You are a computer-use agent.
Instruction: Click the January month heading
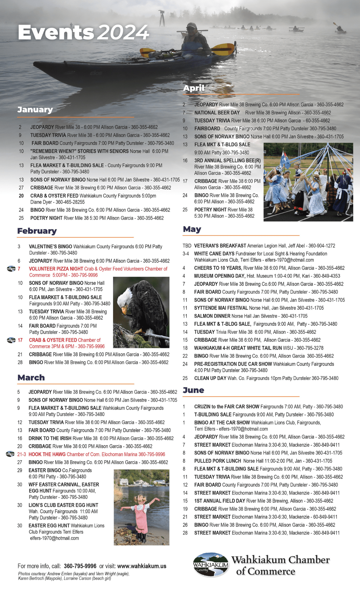(x=35, y=110)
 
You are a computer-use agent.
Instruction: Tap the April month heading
(x=194, y=88)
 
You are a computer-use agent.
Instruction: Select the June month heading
(x=193, y=390)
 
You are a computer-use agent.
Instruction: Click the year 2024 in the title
(x=123, y=32)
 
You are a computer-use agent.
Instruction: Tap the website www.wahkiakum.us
(x=142, y=566)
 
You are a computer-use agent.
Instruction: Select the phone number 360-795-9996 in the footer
(x=80, y=566)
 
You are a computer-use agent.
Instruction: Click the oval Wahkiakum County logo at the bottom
(x=211, y=564)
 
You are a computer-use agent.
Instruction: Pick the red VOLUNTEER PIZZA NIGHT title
(x=56, y=269)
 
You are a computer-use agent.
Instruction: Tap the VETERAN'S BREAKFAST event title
(x=220, y=246)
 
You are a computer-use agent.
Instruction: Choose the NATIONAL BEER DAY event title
(x=217, y=113)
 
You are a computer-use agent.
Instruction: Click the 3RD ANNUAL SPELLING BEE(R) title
(x=227, y=161)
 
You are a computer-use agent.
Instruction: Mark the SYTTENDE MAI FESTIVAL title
(x=221, y=308)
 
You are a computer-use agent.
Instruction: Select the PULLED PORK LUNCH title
(x=218, y=461)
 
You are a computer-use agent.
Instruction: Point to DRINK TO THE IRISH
(x=50, y=438)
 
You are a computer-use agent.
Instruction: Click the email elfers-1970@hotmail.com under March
(x=54, y=538)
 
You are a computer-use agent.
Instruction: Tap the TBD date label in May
(x=187, y=246)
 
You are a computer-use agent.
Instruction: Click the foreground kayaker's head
(x=192, y=29)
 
